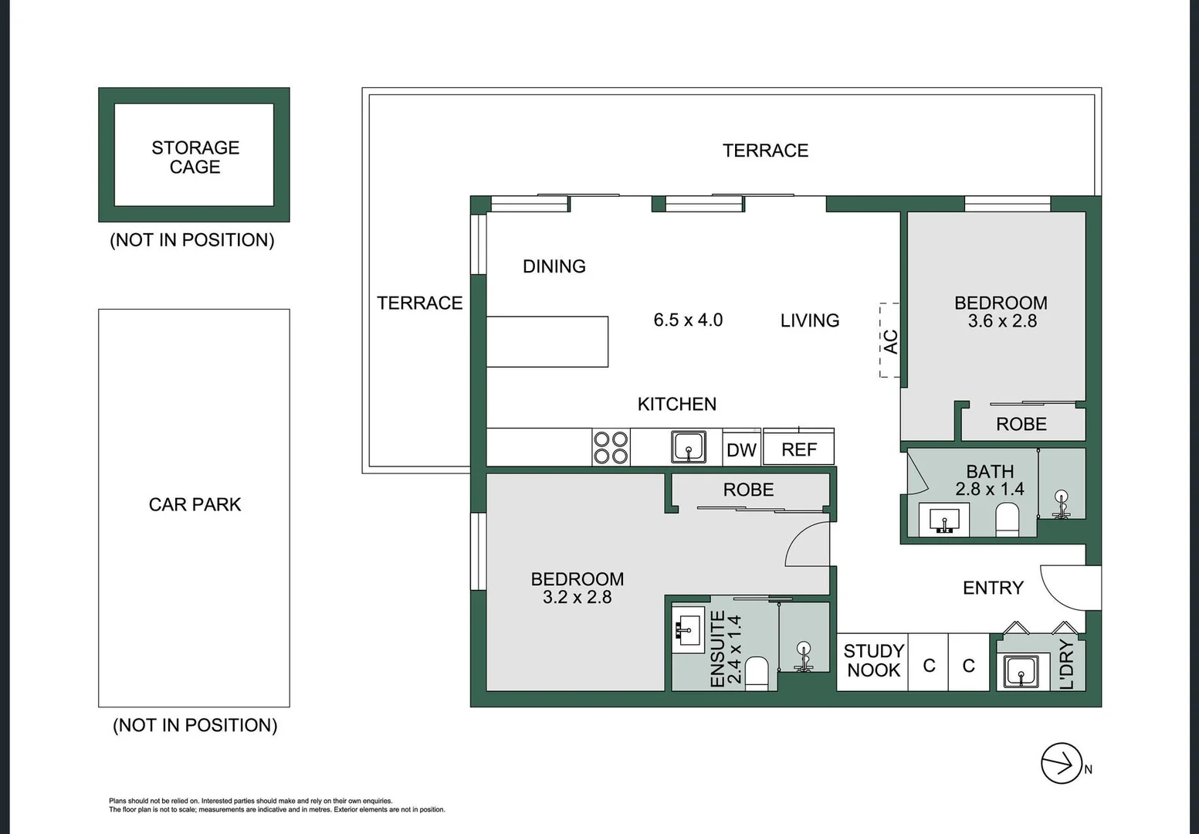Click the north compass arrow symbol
pos(1062,764)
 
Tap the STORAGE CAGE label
pos(195,157)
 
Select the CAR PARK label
pos(195,504)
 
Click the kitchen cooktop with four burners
pos(611,448)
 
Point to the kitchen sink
pos(688,447)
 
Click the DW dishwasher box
pos(741,450)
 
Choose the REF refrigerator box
pos(798,449)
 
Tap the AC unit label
pos(890,341)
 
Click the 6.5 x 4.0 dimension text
pos(688,320)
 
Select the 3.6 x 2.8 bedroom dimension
pos(1001,321)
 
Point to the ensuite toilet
pos(757,673)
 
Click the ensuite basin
pos(687,630)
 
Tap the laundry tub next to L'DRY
pos(1021,671)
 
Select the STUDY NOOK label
pos(873,661)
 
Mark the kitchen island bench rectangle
pos(547,341)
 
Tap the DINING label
pos(554,266)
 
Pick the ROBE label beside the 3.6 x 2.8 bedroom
pos(1021,424)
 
